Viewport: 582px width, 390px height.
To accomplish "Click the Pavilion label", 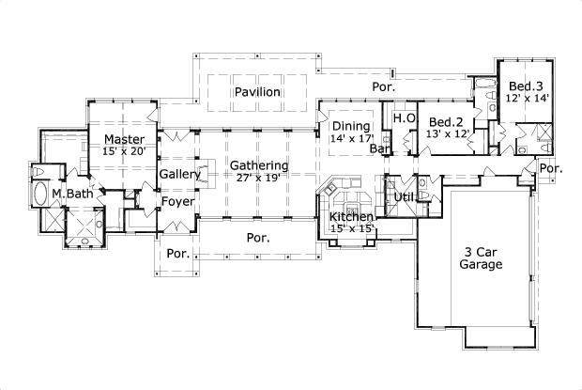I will pos(258,92).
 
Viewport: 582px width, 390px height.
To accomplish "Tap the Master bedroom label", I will pos(124,139).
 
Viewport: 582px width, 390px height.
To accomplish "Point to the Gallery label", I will pos(179,175).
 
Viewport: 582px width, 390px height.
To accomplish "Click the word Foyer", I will pos(177,201).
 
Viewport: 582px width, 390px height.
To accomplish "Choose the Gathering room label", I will pos(259,165).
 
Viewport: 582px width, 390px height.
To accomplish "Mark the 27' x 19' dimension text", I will pos(259,178).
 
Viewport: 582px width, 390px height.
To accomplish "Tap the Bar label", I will pos(379,148).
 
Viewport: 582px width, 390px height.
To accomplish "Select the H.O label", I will pos(404,117).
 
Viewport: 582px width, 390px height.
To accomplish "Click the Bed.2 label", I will pos(446,122).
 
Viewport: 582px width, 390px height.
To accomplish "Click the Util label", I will pos(404,197).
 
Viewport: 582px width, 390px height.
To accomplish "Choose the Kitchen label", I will pos(352,217).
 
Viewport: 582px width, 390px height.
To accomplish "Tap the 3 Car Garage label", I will pos(482,257).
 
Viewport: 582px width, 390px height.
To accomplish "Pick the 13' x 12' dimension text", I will pos(446,135).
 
